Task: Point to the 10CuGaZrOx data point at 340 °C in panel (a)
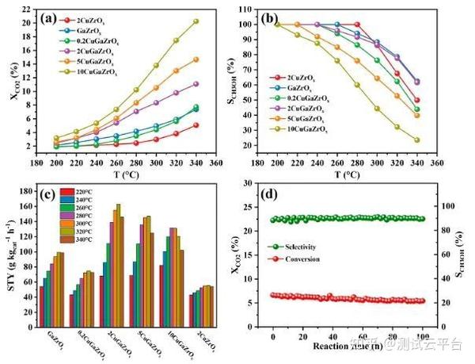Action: pyautogui.click(x=196, y=21)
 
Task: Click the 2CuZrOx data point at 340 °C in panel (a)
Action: pyautogui.click(x=196, y=125)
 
